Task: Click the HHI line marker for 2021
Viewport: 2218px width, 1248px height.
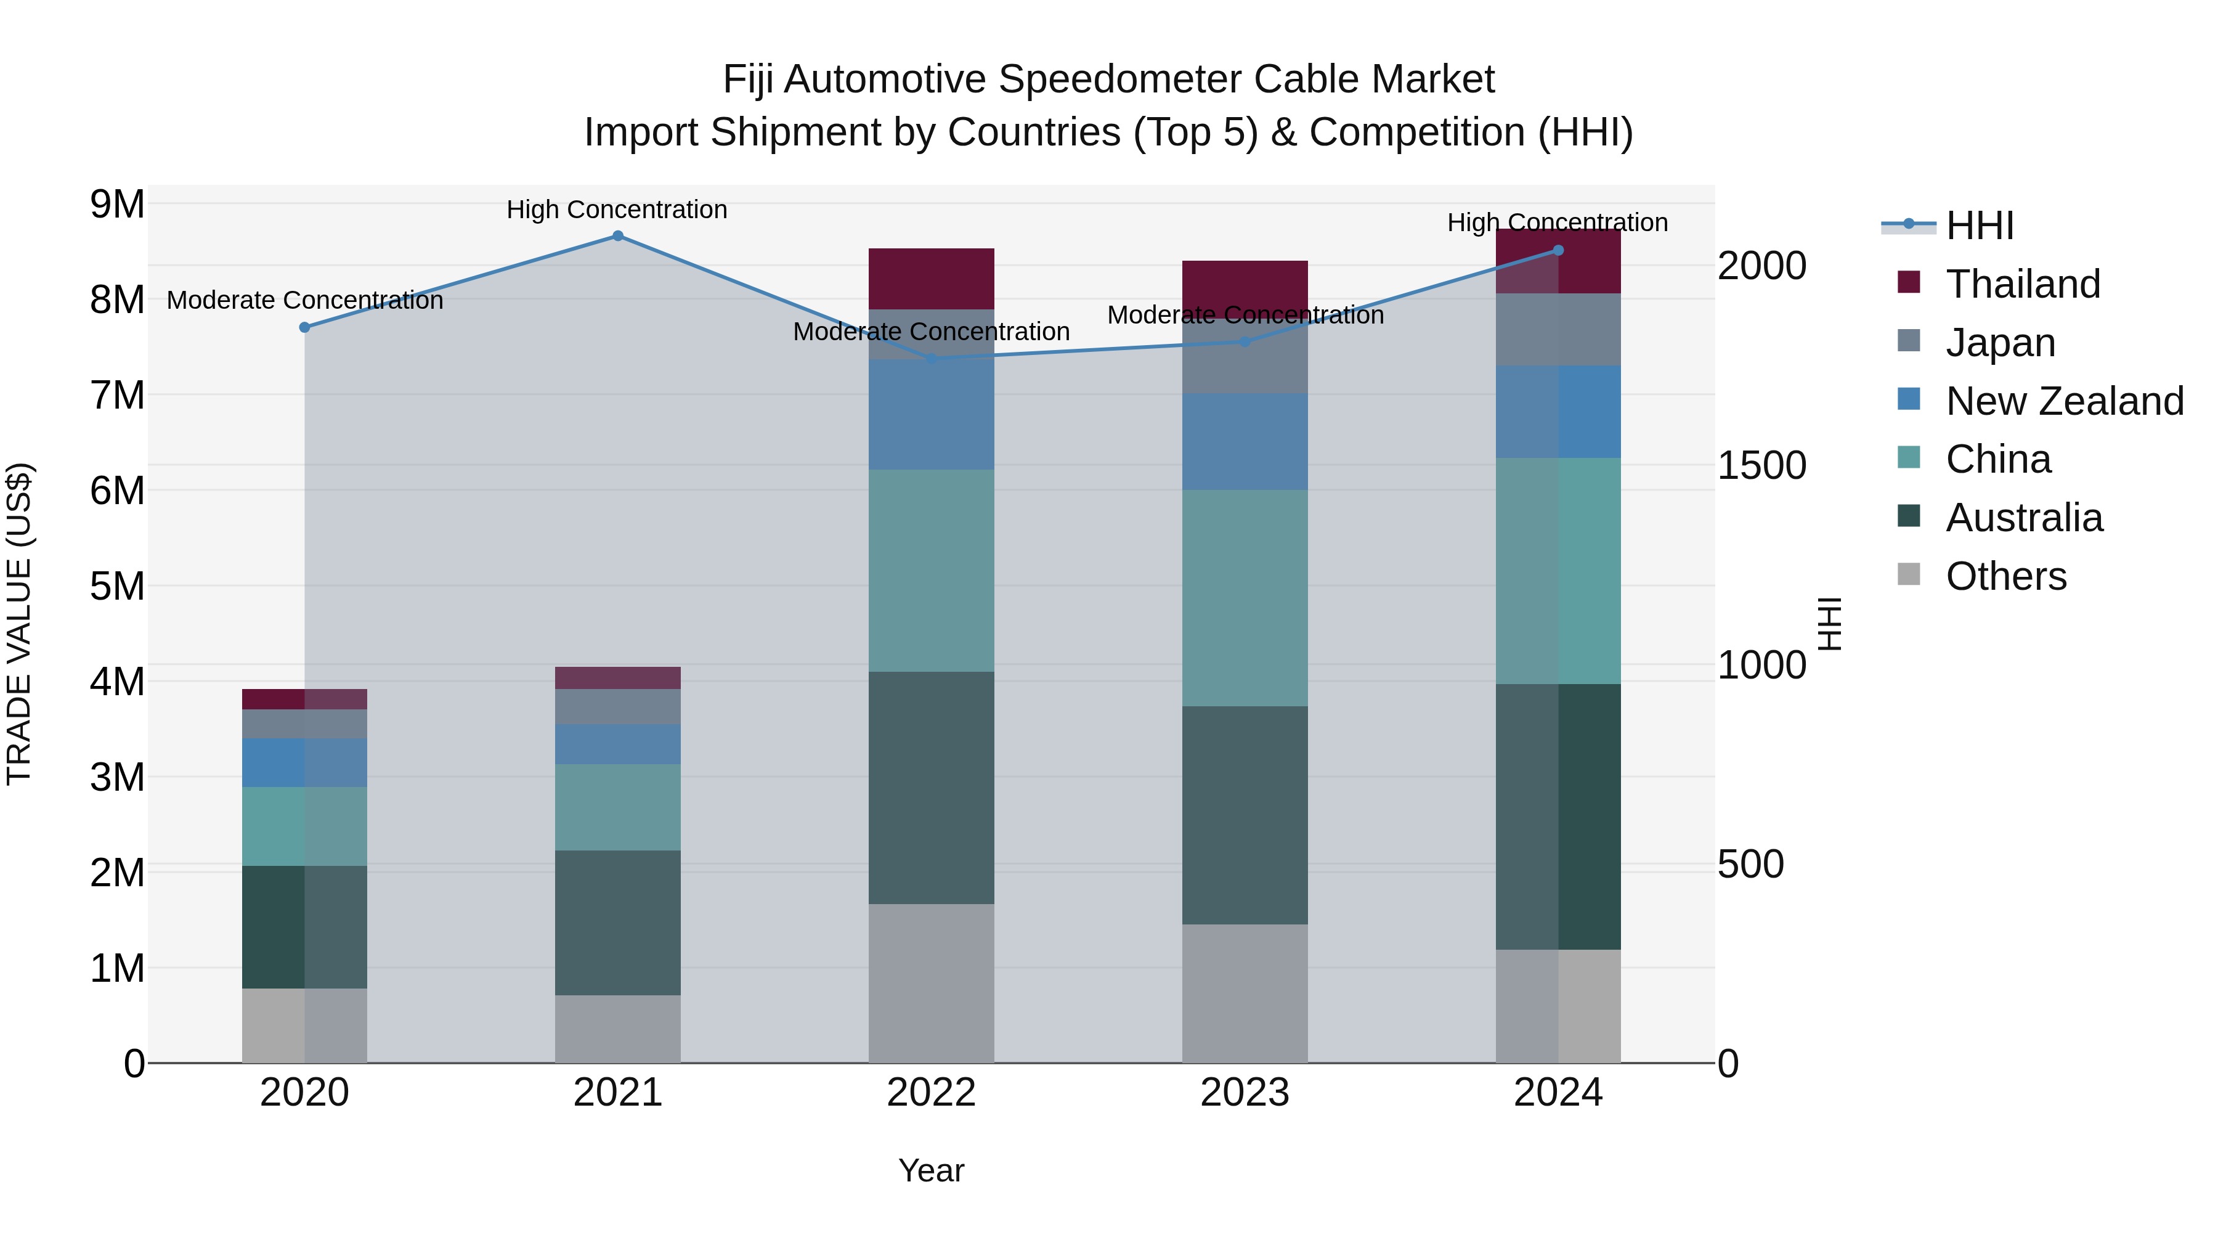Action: (617, 236)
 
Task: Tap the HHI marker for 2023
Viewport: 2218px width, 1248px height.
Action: (1244, 342)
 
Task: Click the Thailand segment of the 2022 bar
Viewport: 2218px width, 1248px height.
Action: (931, 278)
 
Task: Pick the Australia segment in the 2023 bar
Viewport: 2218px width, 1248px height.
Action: (1244, 815)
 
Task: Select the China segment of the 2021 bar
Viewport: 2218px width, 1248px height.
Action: (617, 807)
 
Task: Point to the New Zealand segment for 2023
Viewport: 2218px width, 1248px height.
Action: (1244, 442)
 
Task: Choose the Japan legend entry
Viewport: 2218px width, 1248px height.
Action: (2000, 343)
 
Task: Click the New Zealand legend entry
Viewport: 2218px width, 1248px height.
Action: (2064, 401)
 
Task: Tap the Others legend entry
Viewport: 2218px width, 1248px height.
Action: (2005, 576)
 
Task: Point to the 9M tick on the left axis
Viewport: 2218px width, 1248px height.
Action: (117, 205)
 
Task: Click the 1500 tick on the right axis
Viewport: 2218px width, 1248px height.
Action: (1761, 465)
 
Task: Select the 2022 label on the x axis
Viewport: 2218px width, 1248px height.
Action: (931, 1093)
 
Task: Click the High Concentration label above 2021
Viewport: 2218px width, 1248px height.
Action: (617, 210)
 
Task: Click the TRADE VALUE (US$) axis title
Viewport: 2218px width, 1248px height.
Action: (20, 624)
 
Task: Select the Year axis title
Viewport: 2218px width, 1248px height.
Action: (931, 1170)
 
